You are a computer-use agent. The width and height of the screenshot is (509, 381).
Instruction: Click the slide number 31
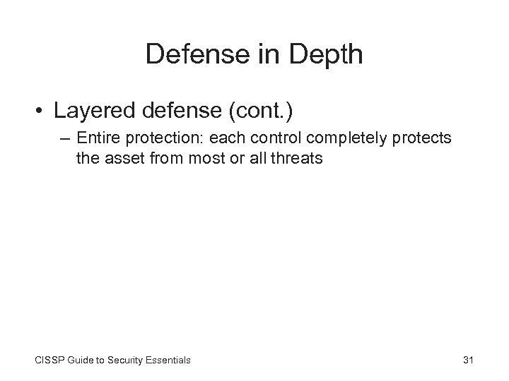(x=467, y=360)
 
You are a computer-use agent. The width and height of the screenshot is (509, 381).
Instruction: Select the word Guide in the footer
(x=83, y=360)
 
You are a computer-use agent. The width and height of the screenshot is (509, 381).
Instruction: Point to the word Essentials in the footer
(x=169, y=360)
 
